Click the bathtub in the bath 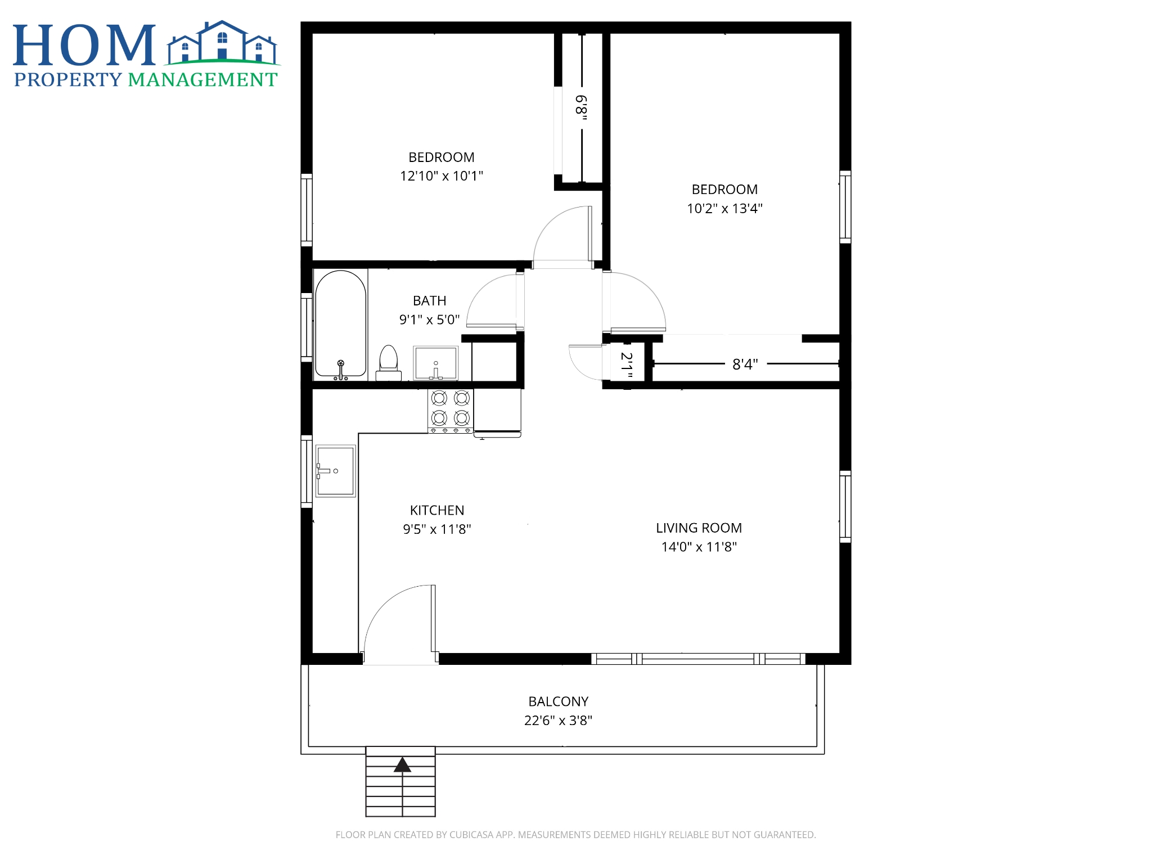(340, 325)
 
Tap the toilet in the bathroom (389, 363)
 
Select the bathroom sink (436, 363)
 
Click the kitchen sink (336, 471)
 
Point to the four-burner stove (451, 411)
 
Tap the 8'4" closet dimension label (745, 364)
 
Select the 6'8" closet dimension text (582, 108)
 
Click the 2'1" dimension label (627, 365)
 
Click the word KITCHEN (437, 510)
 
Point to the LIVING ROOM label (699, 528)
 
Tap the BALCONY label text (559, 701)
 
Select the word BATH (430, 301)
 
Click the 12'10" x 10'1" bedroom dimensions (442, 176)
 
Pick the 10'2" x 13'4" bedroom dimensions (724, 209)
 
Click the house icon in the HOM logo (223, 43)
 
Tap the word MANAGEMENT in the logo (203, 80)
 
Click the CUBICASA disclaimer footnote (576, 835)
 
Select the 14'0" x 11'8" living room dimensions (699, 547)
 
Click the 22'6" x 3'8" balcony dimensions (559, 721)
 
